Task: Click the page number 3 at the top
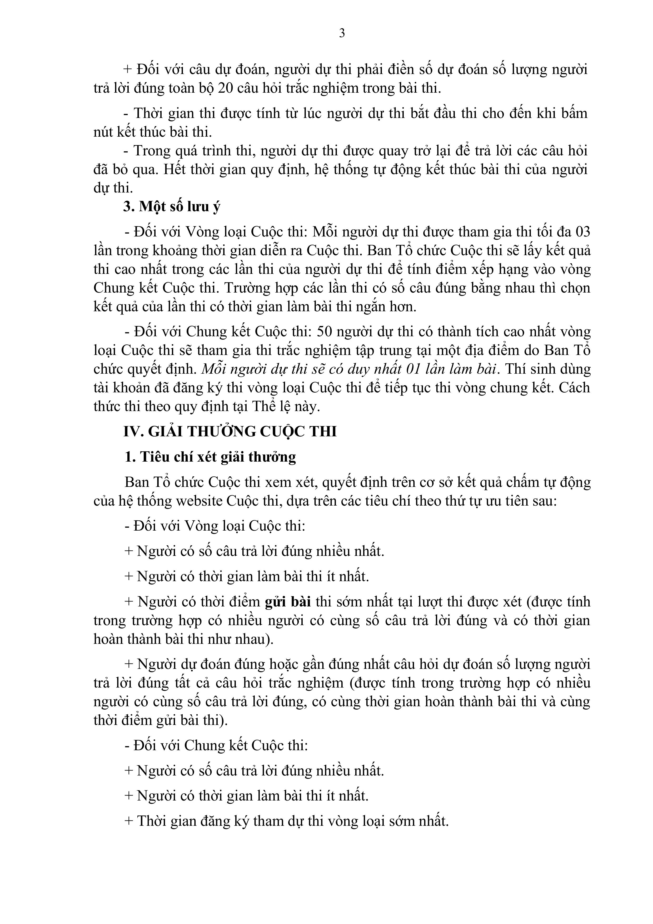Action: click(342, 33)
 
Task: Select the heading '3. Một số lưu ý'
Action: click(172, 206)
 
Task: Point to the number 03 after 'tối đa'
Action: click(582, 232)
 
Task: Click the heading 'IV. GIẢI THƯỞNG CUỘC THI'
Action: click(230, 432)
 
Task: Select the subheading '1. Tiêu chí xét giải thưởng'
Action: click(210, 457)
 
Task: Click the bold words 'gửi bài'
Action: click(288, 602)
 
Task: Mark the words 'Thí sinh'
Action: click(527, 369)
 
